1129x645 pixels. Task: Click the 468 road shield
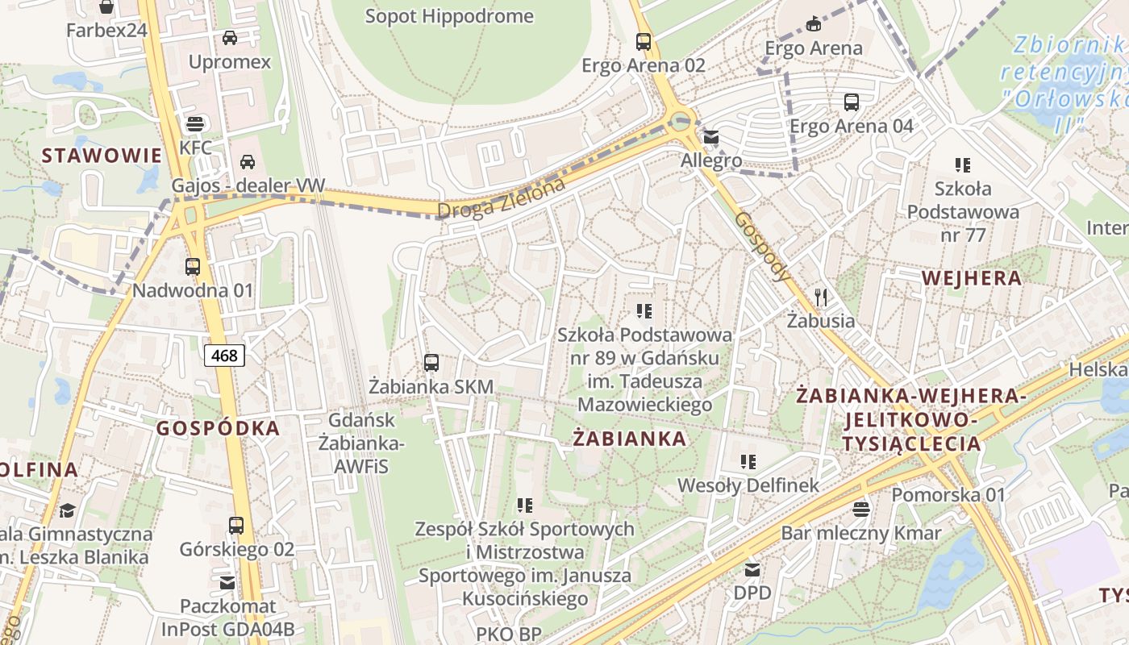tap(224, 355)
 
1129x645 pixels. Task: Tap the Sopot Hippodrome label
tap(449, 16)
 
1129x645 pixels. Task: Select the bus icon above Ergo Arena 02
tap(643, 42)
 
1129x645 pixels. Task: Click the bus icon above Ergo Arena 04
tap(852, 102)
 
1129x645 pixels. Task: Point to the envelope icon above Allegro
tap(710, 137)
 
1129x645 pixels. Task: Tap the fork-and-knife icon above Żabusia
tap(821, 297)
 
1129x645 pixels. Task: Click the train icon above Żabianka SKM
tap(431, 363)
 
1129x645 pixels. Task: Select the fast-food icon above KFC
tap(194, 124)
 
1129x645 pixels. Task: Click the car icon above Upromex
tap(230, 38)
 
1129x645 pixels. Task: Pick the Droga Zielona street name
tap(501, 199)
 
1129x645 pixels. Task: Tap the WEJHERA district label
tap(971, 278)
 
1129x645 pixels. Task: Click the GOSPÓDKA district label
tap(218, 428)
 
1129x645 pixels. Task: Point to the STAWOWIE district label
tap(102, 156)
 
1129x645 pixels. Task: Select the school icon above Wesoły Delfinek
tap(748, 462)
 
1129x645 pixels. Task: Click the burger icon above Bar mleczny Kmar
tap(861, 509)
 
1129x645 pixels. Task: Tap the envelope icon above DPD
tap(752, 570)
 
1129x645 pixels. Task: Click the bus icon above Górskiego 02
tap(236, 526)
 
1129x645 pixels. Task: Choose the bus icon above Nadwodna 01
tap(193, 267)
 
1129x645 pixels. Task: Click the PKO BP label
tap(508, 634)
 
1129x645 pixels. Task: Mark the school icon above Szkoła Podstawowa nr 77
tap(963, 165)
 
